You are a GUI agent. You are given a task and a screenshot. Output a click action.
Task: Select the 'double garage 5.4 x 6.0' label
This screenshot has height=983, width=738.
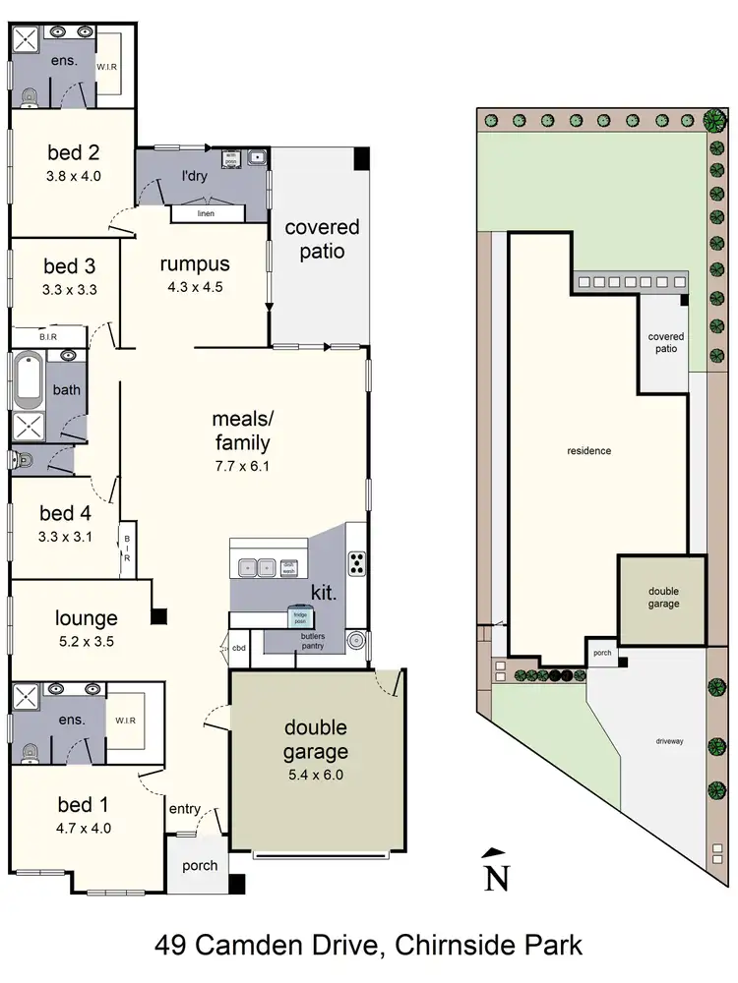[317, 751]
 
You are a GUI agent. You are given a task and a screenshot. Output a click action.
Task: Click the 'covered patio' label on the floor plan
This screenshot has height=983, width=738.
[322, 239]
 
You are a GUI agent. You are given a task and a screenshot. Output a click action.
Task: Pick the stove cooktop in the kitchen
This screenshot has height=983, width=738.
[356, 563]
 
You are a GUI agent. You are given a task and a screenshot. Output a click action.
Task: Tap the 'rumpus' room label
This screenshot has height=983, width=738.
[195, 263]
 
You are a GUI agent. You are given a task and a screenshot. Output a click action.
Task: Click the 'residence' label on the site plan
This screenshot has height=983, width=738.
[589, 451]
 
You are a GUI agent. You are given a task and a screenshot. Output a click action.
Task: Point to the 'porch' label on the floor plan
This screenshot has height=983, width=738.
[200, 866]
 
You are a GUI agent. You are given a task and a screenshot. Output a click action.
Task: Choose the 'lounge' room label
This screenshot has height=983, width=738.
[86, 618]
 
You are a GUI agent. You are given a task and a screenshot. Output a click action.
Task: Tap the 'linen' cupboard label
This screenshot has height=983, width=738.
[205, 213]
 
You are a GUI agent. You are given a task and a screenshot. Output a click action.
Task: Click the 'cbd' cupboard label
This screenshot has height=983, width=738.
[238, 648]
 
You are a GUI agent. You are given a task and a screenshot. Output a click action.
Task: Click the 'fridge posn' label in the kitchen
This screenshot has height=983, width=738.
[298, 616]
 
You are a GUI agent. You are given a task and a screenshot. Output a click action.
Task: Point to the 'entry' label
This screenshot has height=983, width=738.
[184, 809]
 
